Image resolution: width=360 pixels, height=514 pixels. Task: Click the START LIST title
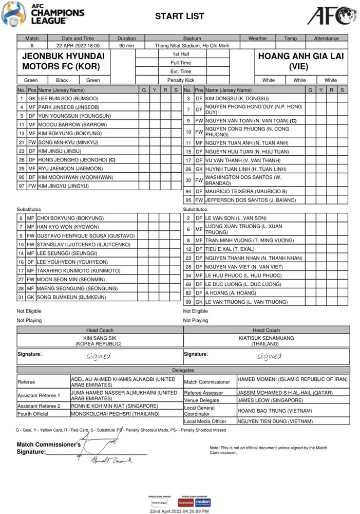point(180,16)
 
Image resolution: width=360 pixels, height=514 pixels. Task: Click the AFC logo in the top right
point(332,15)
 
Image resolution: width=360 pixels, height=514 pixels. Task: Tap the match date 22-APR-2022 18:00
point(78,46)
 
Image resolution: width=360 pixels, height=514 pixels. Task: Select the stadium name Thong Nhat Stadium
point(192,46)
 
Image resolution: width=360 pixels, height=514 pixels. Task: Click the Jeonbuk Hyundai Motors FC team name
point(63,61)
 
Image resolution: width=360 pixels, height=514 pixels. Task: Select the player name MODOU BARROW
point(72,124)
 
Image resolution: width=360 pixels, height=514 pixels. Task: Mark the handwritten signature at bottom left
point(110,452)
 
